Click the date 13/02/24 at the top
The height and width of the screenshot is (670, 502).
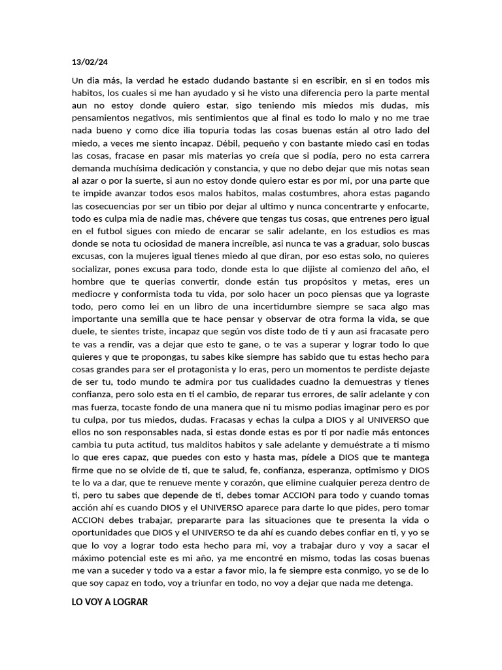point(90,62)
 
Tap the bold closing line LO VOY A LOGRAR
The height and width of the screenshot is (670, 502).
point(110,602)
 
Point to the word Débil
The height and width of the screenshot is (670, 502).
point(277,143)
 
